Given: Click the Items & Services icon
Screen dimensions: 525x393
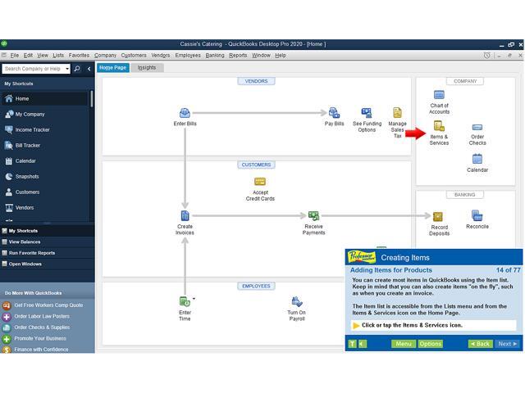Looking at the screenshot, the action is click(x=439, y=127).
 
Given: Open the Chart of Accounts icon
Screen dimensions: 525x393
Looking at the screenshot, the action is click(x=439, y=96).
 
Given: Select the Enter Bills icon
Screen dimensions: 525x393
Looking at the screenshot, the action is click(x=185, y=113).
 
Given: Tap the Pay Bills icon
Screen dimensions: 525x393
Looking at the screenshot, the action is click(x=334, y=113).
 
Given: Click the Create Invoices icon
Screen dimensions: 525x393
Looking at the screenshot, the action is click(x=185, y=216).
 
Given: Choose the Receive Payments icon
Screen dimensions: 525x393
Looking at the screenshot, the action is click(x=313, y=216).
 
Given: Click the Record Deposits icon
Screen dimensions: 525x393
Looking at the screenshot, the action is click(x=439, y=217).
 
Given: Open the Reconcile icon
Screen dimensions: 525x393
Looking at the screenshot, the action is click(x=477, y=216).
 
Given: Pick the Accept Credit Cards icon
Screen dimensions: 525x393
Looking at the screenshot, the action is click(x=260, y=182).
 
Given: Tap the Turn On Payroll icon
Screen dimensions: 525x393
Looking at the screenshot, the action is click(x=296, y=303).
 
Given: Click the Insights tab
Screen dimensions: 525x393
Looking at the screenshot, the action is click(x=147, y=68).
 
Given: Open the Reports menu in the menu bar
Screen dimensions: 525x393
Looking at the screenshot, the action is click(x=238, y=55).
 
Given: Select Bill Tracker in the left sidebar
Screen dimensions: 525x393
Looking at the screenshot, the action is click(x=28, y=146).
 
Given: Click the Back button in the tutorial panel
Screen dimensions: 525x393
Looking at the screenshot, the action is click(x=481, y=344).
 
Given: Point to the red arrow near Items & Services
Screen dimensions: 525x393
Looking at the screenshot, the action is click(x=416, y=133).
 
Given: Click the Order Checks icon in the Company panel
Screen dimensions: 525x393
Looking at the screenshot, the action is click(x=477, y=129).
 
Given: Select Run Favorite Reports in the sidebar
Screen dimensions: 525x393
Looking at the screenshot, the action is click(x=32, y=253).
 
